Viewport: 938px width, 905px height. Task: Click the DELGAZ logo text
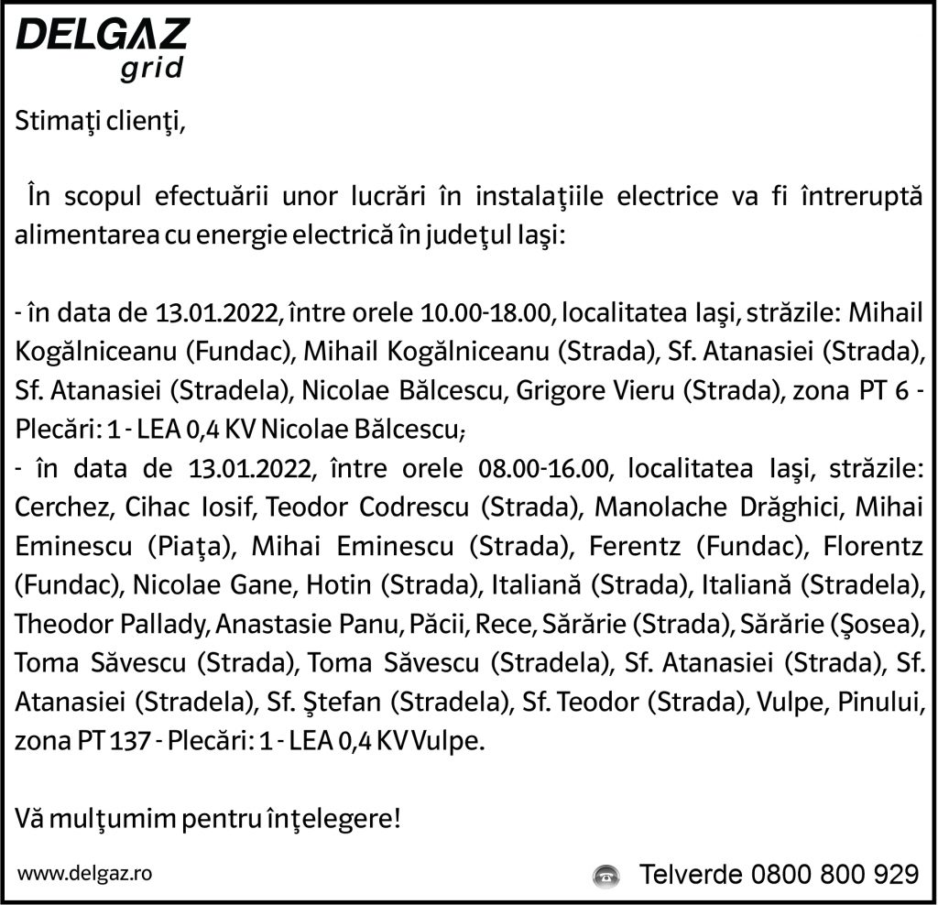click(103, 35)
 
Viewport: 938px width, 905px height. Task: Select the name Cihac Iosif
click(173, 509)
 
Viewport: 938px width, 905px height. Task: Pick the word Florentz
click(870, 548)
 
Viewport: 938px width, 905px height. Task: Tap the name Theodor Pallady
click(113, 627)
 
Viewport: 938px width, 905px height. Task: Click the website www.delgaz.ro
click(84, 873)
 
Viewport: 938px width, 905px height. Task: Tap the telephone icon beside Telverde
click(605, 874)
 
